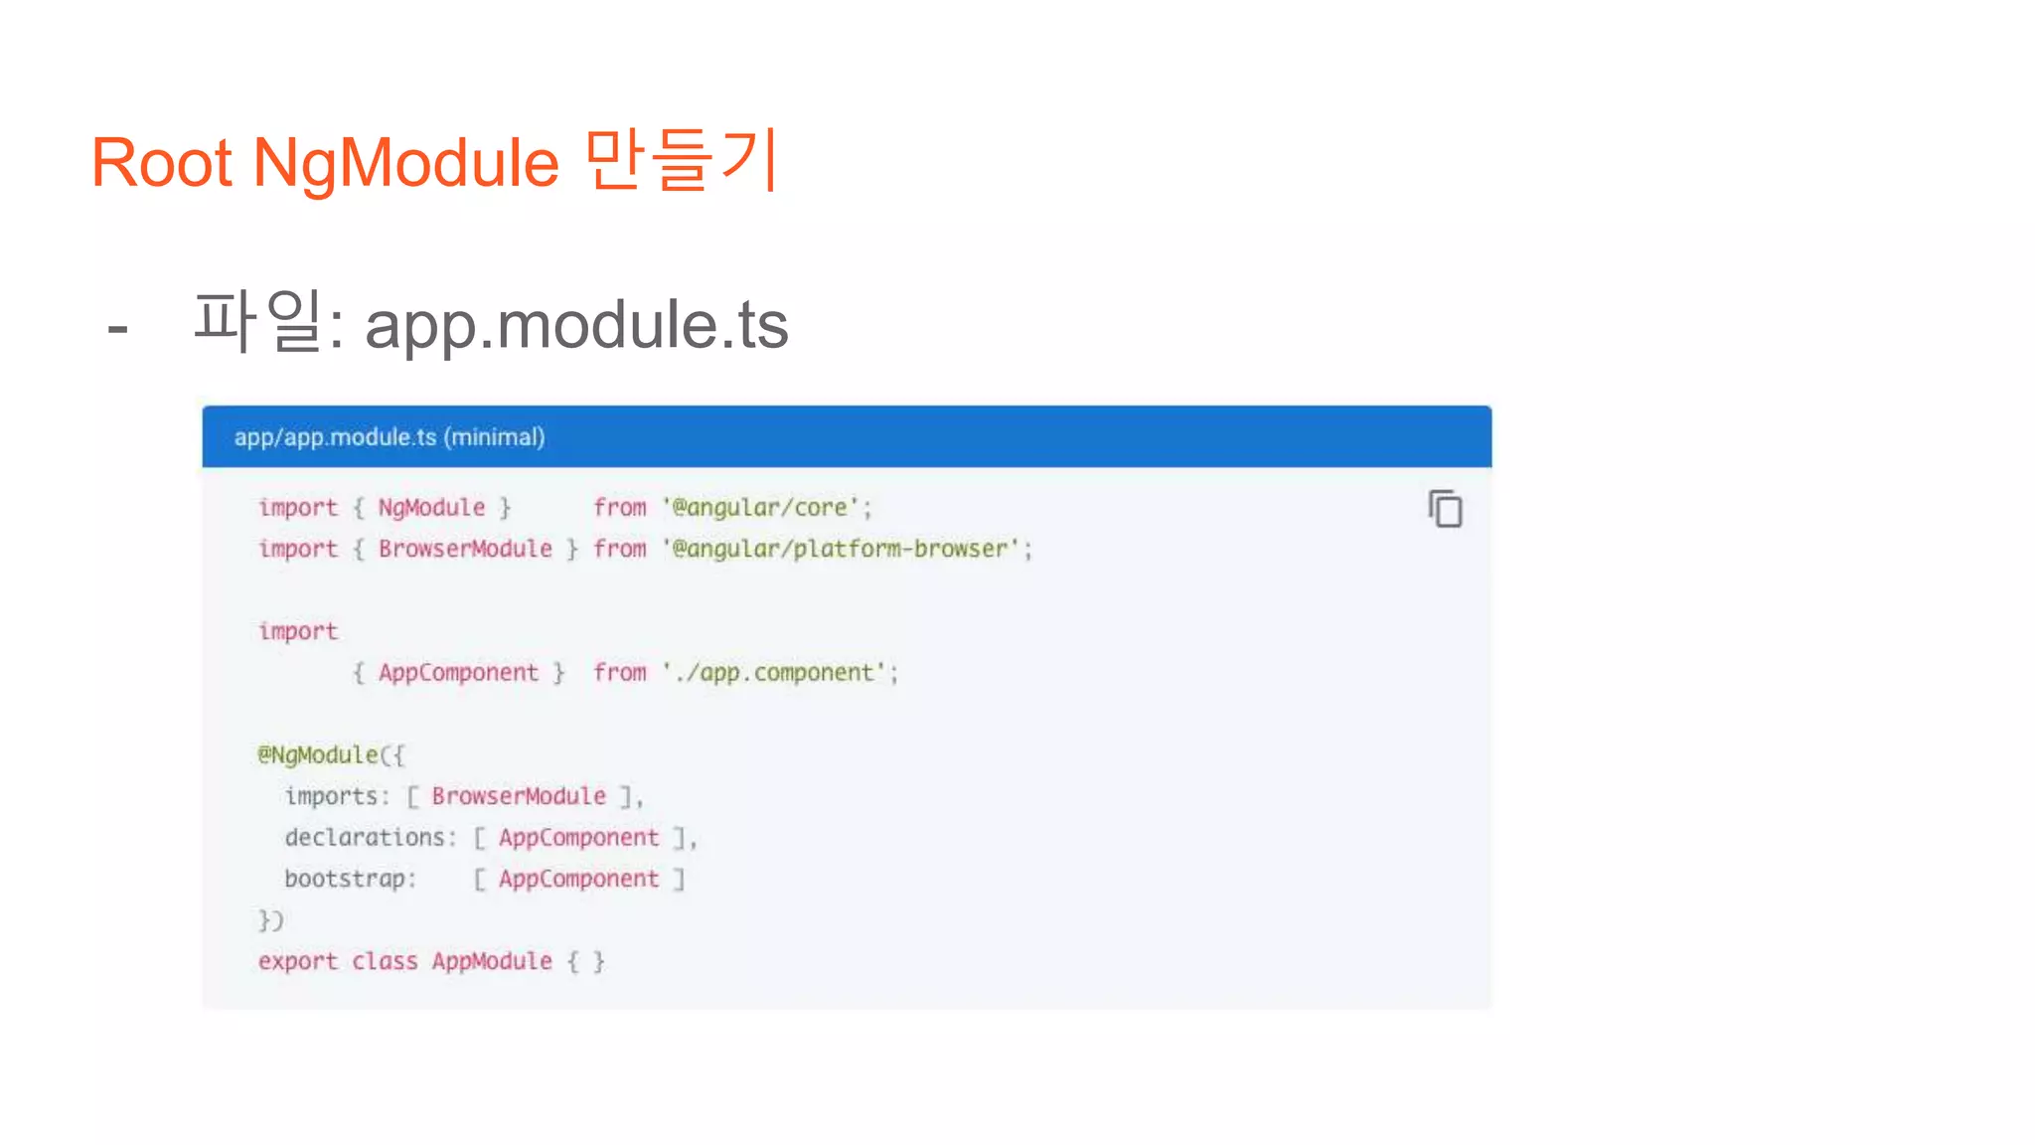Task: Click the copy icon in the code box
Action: coord(1446,509)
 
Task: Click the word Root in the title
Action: coord(161,163)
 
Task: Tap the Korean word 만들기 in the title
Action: coord(682,160)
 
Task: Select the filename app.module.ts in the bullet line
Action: coord(576,325)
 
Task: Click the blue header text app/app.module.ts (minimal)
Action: coord(390,437)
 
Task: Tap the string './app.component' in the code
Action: coord(775,673)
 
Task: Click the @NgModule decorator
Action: coord(319,755)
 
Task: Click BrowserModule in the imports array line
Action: coord(518,796)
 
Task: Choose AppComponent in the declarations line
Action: coord(578,838)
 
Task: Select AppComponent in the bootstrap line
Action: coord(578,879)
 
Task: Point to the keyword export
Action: coord(297,961)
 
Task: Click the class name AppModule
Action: coord(492,961)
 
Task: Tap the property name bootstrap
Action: coord(345,879)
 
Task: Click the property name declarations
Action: coord(364,838)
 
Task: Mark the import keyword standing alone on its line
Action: coord(297,631)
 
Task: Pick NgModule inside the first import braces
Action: coord(431,508)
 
